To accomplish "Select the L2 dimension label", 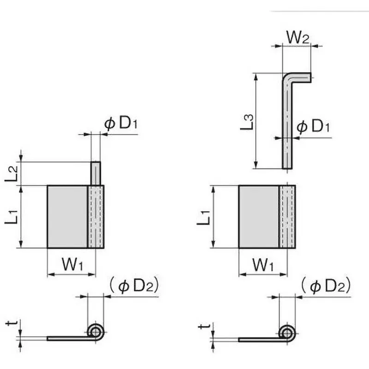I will pos(13,173).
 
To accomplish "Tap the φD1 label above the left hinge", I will pos(121,124).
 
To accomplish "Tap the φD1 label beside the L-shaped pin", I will pos(313,127).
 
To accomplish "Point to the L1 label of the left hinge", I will pos(13,216).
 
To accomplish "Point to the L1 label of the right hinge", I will pos(204,216).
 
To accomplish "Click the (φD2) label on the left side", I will pos(134,286).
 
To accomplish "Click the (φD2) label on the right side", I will pos(326,286).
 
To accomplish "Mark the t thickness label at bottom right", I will pos(205,326).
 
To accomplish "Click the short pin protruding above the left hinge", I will pos(95,173).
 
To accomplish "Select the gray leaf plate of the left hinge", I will pos(68,216).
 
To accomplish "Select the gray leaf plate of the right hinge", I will pos(259,216).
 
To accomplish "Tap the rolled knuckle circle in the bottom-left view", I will pos(95,331).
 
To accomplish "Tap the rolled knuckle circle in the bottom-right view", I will pos(287,332).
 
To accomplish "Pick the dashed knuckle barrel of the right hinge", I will pos(287,216).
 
